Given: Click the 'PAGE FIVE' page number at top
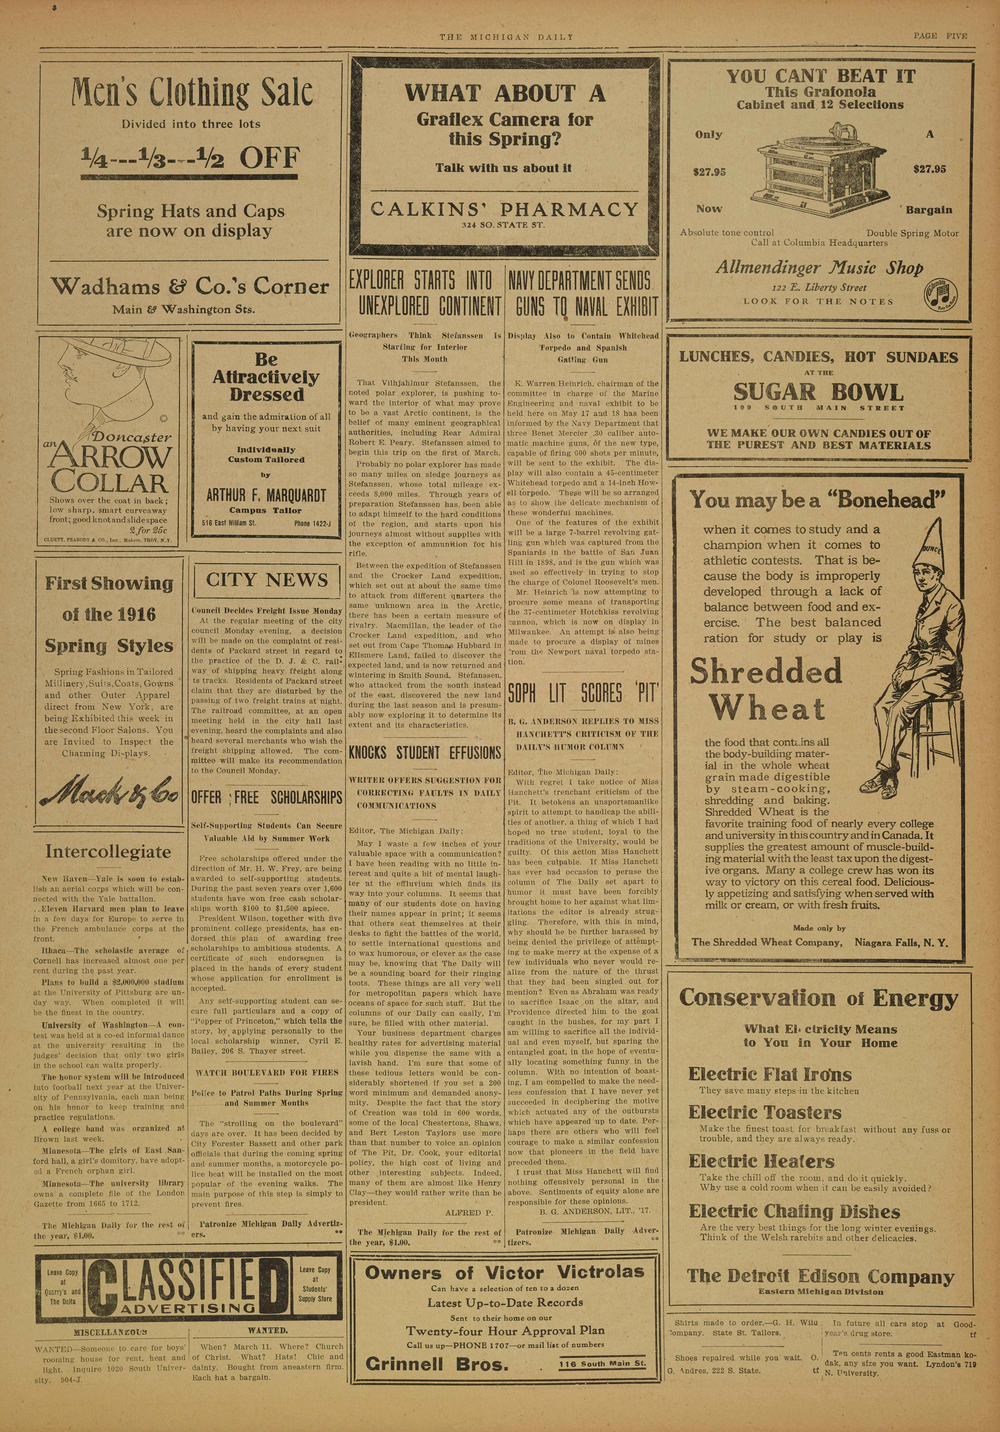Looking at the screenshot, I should (x=940, y=36).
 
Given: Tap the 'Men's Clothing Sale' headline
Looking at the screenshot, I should (x=192, y=92).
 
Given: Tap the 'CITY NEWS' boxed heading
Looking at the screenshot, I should (x=267, y=580).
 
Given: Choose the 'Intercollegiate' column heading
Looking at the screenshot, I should (x=108, y=852).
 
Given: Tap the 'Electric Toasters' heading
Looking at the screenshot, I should (x=765, y=1113).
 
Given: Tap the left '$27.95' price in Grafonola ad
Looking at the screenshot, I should (x=709, y=172).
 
